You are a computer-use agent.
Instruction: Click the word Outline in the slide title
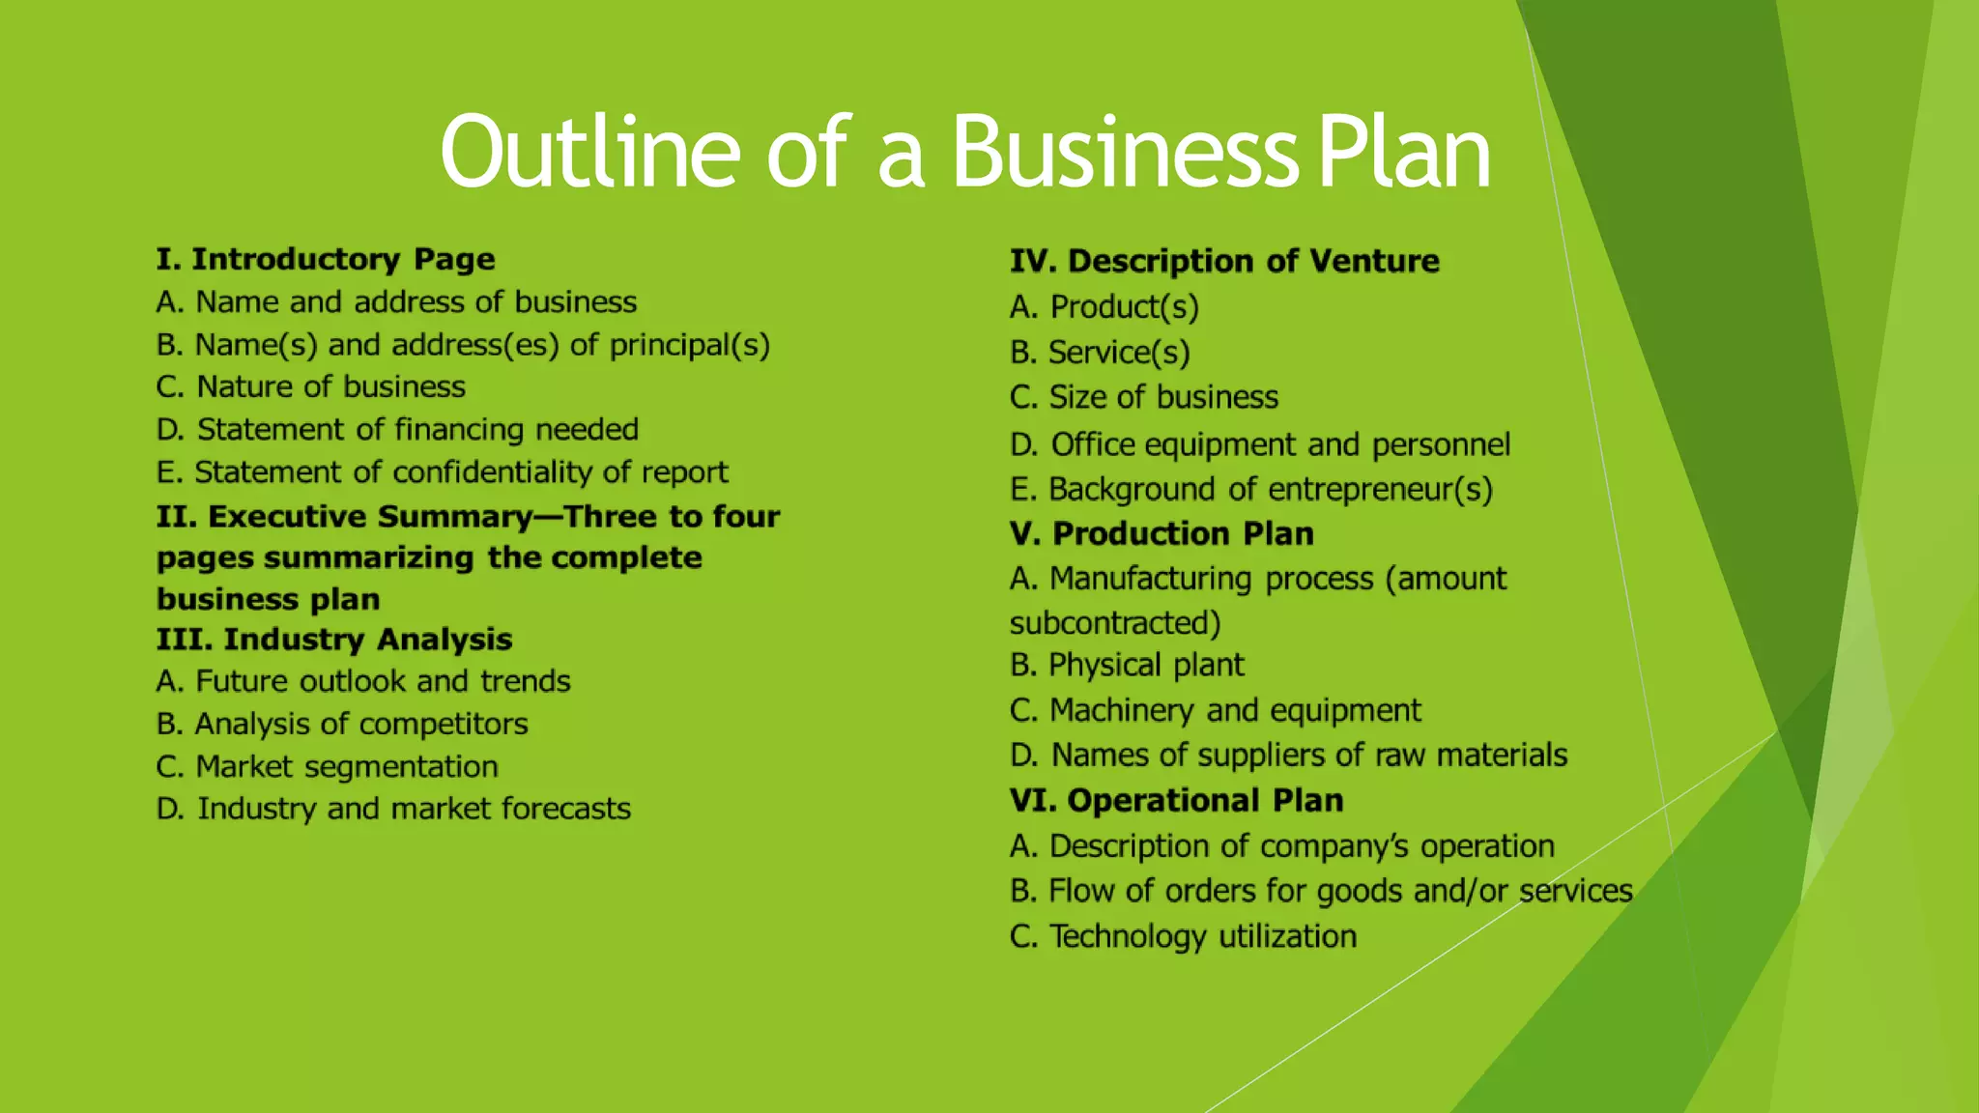tap(590, 153)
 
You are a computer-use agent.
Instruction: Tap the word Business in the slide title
tap(1125, 153)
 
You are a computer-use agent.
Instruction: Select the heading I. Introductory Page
tap(326, 259)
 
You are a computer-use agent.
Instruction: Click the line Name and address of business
tap(396, 302)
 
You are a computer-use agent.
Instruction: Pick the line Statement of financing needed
tap(397, 430)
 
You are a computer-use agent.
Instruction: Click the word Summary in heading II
tap(454, 517)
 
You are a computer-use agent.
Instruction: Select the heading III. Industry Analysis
tap(334, 640)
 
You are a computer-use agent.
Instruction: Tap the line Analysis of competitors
tap(342, 725)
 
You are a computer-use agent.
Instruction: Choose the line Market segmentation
tap(328, 767)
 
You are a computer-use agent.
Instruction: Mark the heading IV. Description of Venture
tap(1224, 261)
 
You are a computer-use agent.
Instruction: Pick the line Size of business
tap(1144, 397)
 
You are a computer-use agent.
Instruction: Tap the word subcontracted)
tap(1115, 623)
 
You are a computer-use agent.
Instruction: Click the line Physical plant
tap(1127, 666)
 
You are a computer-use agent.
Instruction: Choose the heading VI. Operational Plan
tap(1176, 801)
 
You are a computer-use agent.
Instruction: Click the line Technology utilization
tap(1184, 936)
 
